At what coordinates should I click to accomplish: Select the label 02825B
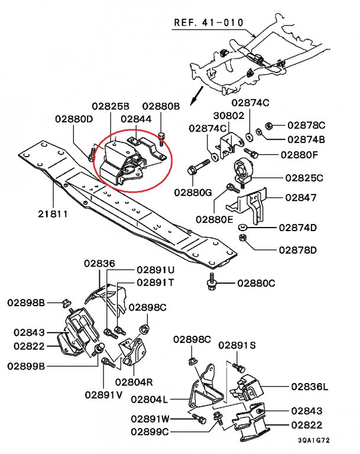coord(110,106)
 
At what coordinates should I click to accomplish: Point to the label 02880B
coord(161,106)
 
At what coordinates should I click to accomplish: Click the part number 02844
coord(136,118)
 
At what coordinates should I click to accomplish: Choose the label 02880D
coord(74,118)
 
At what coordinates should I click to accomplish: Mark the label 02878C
coord(307,125)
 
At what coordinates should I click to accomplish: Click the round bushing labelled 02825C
coord(243,172)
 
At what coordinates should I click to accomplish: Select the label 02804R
coord(134,381)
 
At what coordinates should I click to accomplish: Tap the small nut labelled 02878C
coord(268,125)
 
